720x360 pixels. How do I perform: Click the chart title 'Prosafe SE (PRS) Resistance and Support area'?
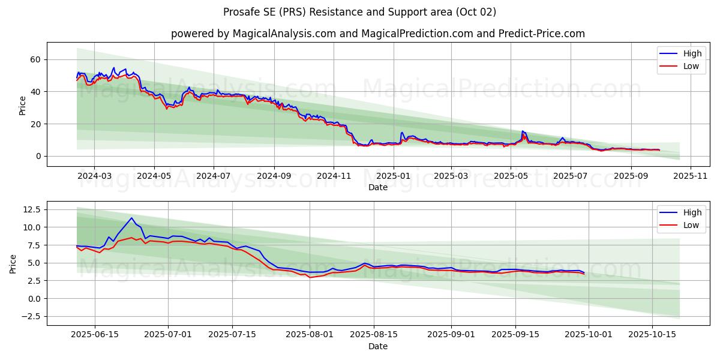point(359,12)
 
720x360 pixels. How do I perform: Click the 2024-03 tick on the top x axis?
point(94,176)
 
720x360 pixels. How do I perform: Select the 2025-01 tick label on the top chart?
point(394,176)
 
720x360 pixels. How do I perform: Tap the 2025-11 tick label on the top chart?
point(691,176)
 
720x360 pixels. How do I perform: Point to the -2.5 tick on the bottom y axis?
point(30,316)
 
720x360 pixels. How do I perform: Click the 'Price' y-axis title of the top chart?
point(22,105)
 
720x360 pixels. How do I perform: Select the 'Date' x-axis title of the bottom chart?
point(377,346)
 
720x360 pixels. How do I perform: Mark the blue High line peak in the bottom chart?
point(131,218)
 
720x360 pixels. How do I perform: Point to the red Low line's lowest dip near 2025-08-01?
point(310,277)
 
